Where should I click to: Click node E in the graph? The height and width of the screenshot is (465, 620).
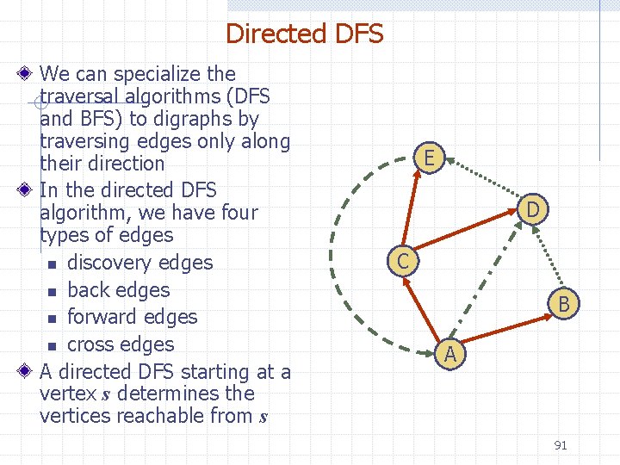coord(429,157)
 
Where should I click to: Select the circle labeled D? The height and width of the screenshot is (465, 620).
coord(534,208)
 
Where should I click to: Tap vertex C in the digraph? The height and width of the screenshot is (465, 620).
coord(402,260)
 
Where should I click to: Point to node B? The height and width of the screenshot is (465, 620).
coord(563,302)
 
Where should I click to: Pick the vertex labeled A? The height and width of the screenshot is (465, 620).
coord(449,352)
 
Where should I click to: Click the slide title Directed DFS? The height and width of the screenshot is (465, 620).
coord(304,34)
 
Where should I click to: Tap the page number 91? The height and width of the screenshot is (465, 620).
coord(561,445)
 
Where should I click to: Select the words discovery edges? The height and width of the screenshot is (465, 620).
coord(139,263)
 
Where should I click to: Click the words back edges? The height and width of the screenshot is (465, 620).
coord(118,290)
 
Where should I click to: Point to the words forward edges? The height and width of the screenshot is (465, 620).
coord(132,317)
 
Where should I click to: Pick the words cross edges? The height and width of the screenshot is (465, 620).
coord(121,344)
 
